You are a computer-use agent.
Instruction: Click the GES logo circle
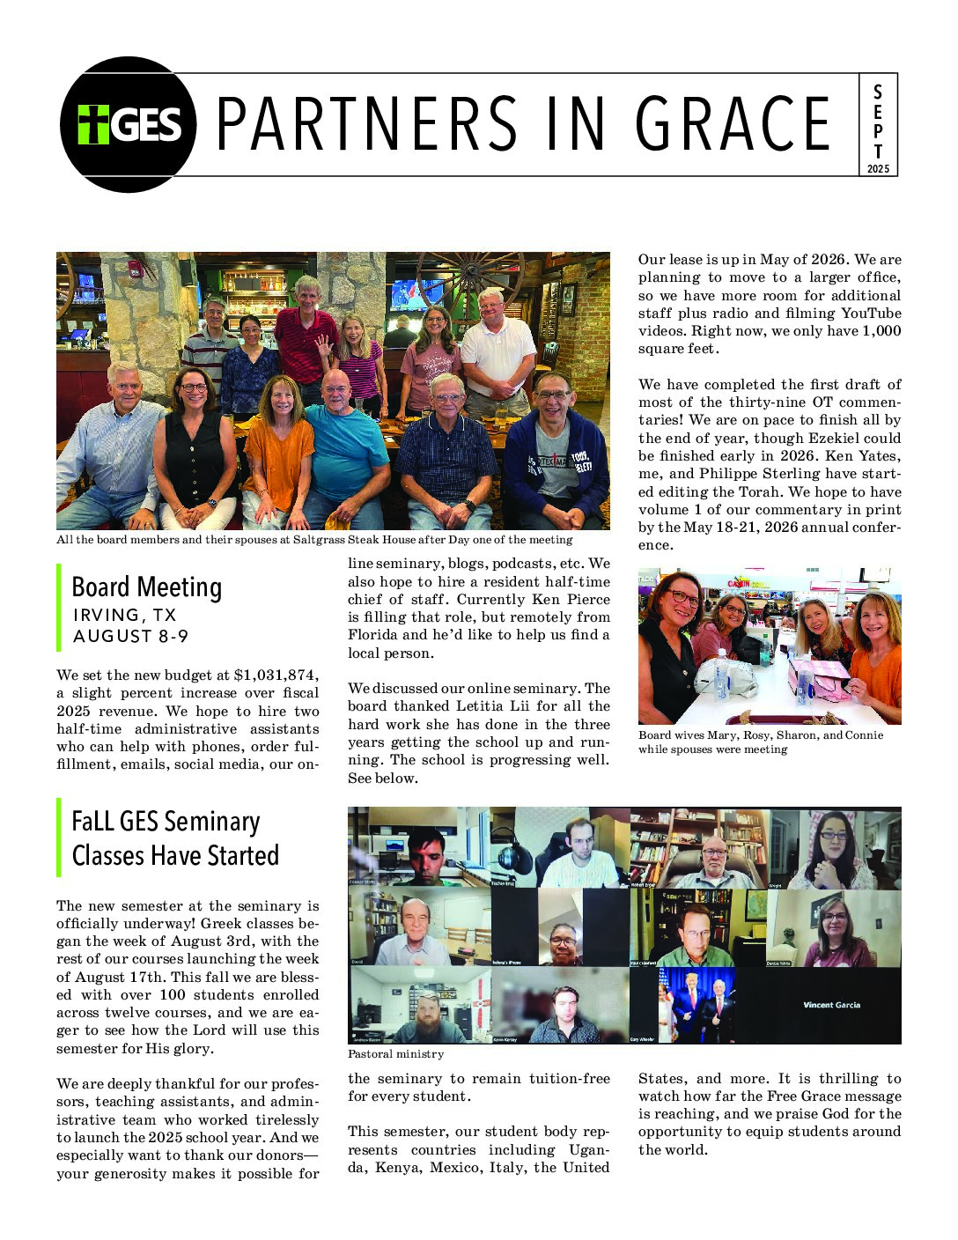pyautogui.click(x=128, y=124)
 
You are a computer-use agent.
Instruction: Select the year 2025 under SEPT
pyautogui.click(x=878, y=168)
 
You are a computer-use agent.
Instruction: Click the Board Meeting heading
pyautogui.click(x=146, y=587)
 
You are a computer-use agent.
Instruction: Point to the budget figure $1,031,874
pyautogui.click(x=274, y=675)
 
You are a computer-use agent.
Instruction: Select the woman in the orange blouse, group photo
pyautogui.click(x=278, y=449)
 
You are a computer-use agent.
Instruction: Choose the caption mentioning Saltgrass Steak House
pyautogui.click(x=314, y=540)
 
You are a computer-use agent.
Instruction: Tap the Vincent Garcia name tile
pyautogui.click(x=831, y=1005)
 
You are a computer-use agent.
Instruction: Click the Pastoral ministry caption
pyautogui.click(x=395, y=1054)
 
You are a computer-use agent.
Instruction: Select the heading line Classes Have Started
pyautogui.click(x=175, y=855)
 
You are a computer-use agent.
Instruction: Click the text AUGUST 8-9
pyautogui.click(x=130, y=636)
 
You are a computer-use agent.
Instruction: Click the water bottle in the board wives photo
pyautogui.click(x=720, y=676)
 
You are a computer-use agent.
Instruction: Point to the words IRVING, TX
pyautogui.click(x=125, y=615)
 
